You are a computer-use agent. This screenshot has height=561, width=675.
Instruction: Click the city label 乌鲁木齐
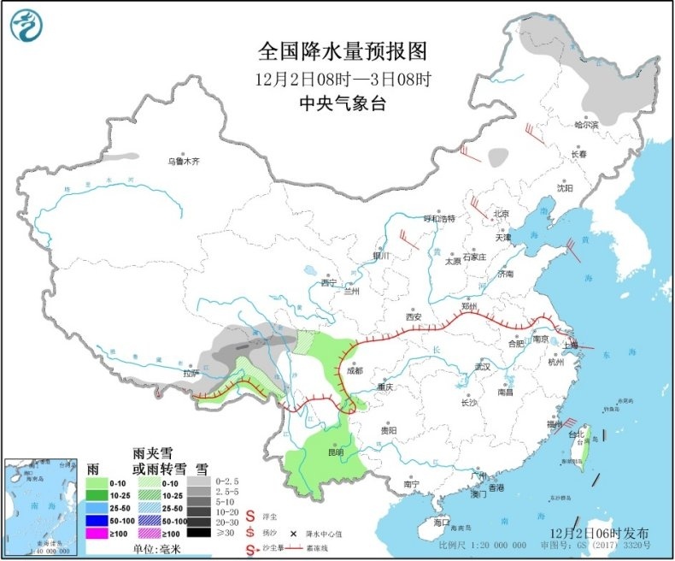tap(183, 161)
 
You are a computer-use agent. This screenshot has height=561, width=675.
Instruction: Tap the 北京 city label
tap(501, 213)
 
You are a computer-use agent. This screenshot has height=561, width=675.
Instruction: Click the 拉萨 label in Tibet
tap(189, 373)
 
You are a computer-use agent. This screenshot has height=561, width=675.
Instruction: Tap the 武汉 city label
tap(483, 367)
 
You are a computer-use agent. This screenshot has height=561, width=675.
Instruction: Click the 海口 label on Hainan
tap(441, 521)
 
